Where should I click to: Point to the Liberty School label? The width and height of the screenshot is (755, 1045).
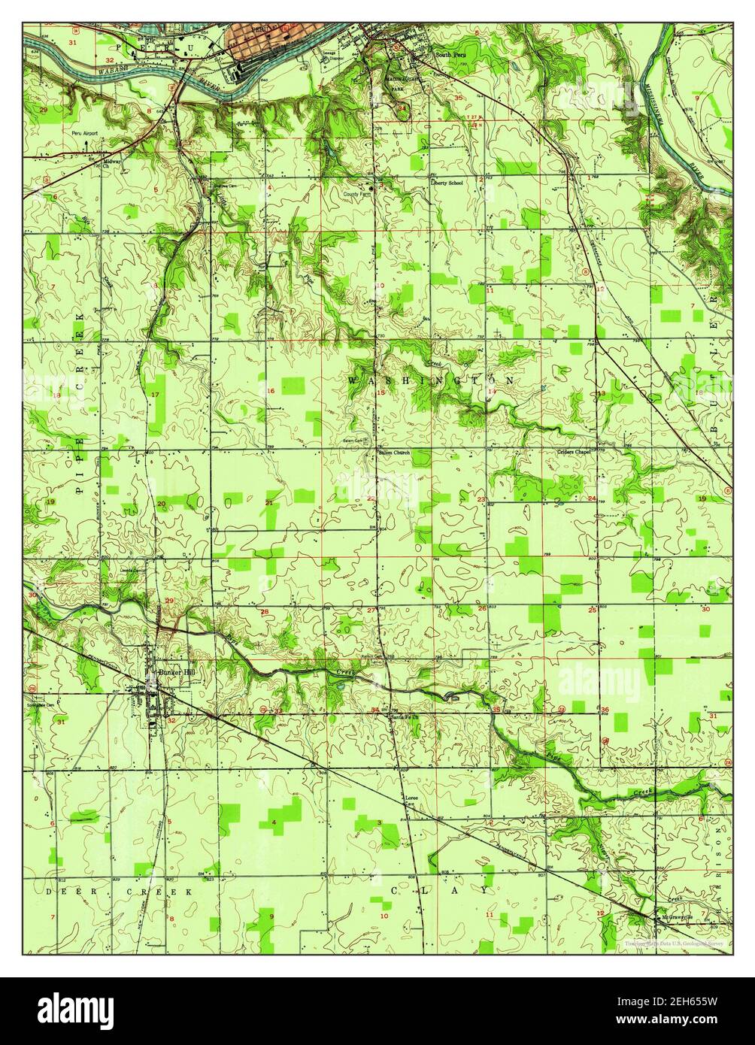447,181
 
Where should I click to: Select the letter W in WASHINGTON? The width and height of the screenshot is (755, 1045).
351,382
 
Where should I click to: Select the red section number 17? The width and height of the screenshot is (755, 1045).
156,396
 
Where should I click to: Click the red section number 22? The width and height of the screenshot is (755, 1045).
371,498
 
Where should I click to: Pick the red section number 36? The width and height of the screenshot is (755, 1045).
604,710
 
